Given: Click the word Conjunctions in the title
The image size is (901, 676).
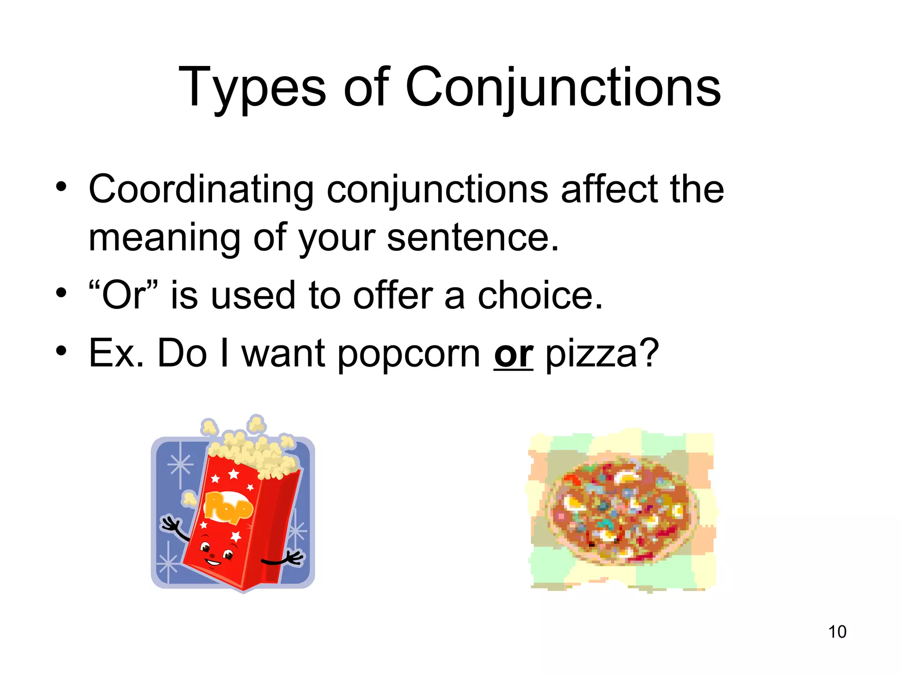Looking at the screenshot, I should (563, 88).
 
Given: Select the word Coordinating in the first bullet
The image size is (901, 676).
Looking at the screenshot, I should (201, 190).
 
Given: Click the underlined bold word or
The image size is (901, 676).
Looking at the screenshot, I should (513, 354).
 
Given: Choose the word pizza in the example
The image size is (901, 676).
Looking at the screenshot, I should (591, 354).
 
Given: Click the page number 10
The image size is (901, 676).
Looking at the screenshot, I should (837, 632).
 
